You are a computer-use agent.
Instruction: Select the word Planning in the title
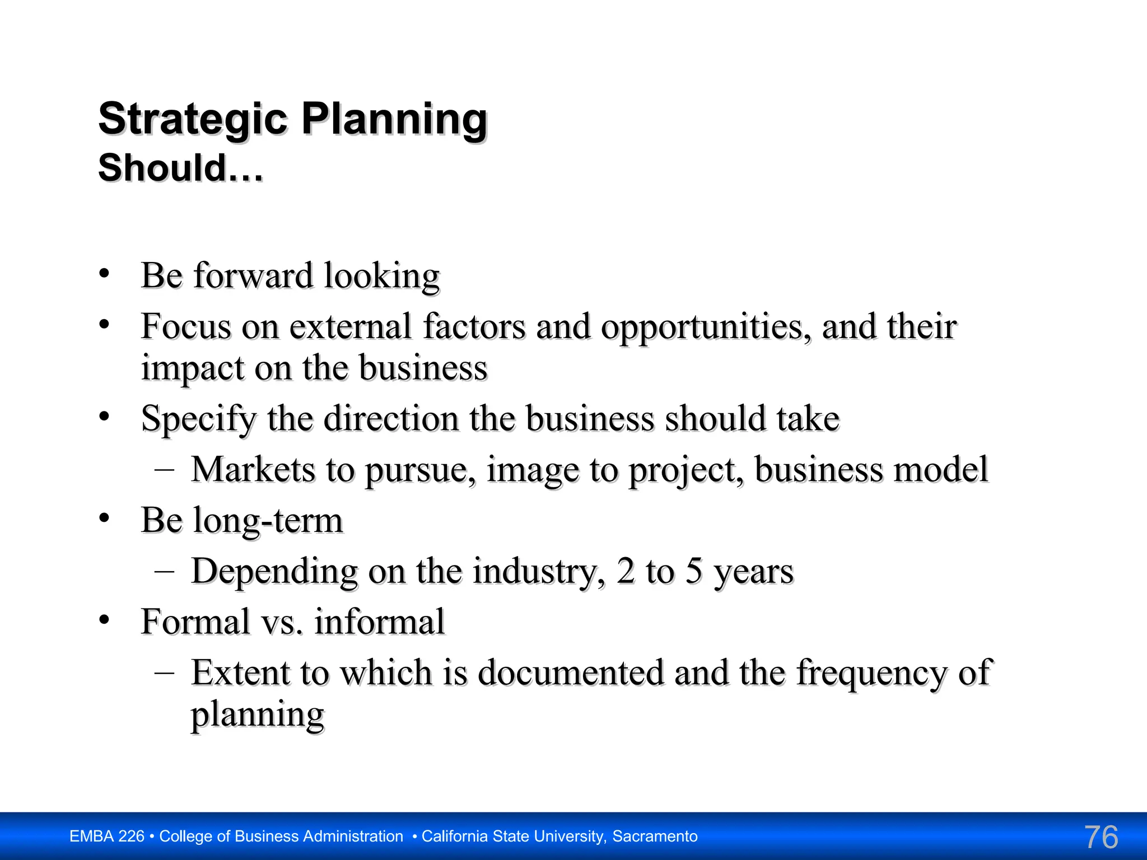tap(395, 119)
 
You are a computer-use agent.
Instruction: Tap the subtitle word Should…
tap(180, 168)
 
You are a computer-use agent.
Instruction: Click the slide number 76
tap(1101, 837)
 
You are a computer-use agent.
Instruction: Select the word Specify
tap(198, 419)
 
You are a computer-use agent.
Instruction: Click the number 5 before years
tap(694, 571)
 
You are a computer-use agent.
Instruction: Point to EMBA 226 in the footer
tap(107, 836)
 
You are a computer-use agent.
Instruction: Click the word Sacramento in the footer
tap(655, 836)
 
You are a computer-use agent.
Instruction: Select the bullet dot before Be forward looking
tap(104, 274)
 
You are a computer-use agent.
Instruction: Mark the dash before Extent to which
tap(164, 671)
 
